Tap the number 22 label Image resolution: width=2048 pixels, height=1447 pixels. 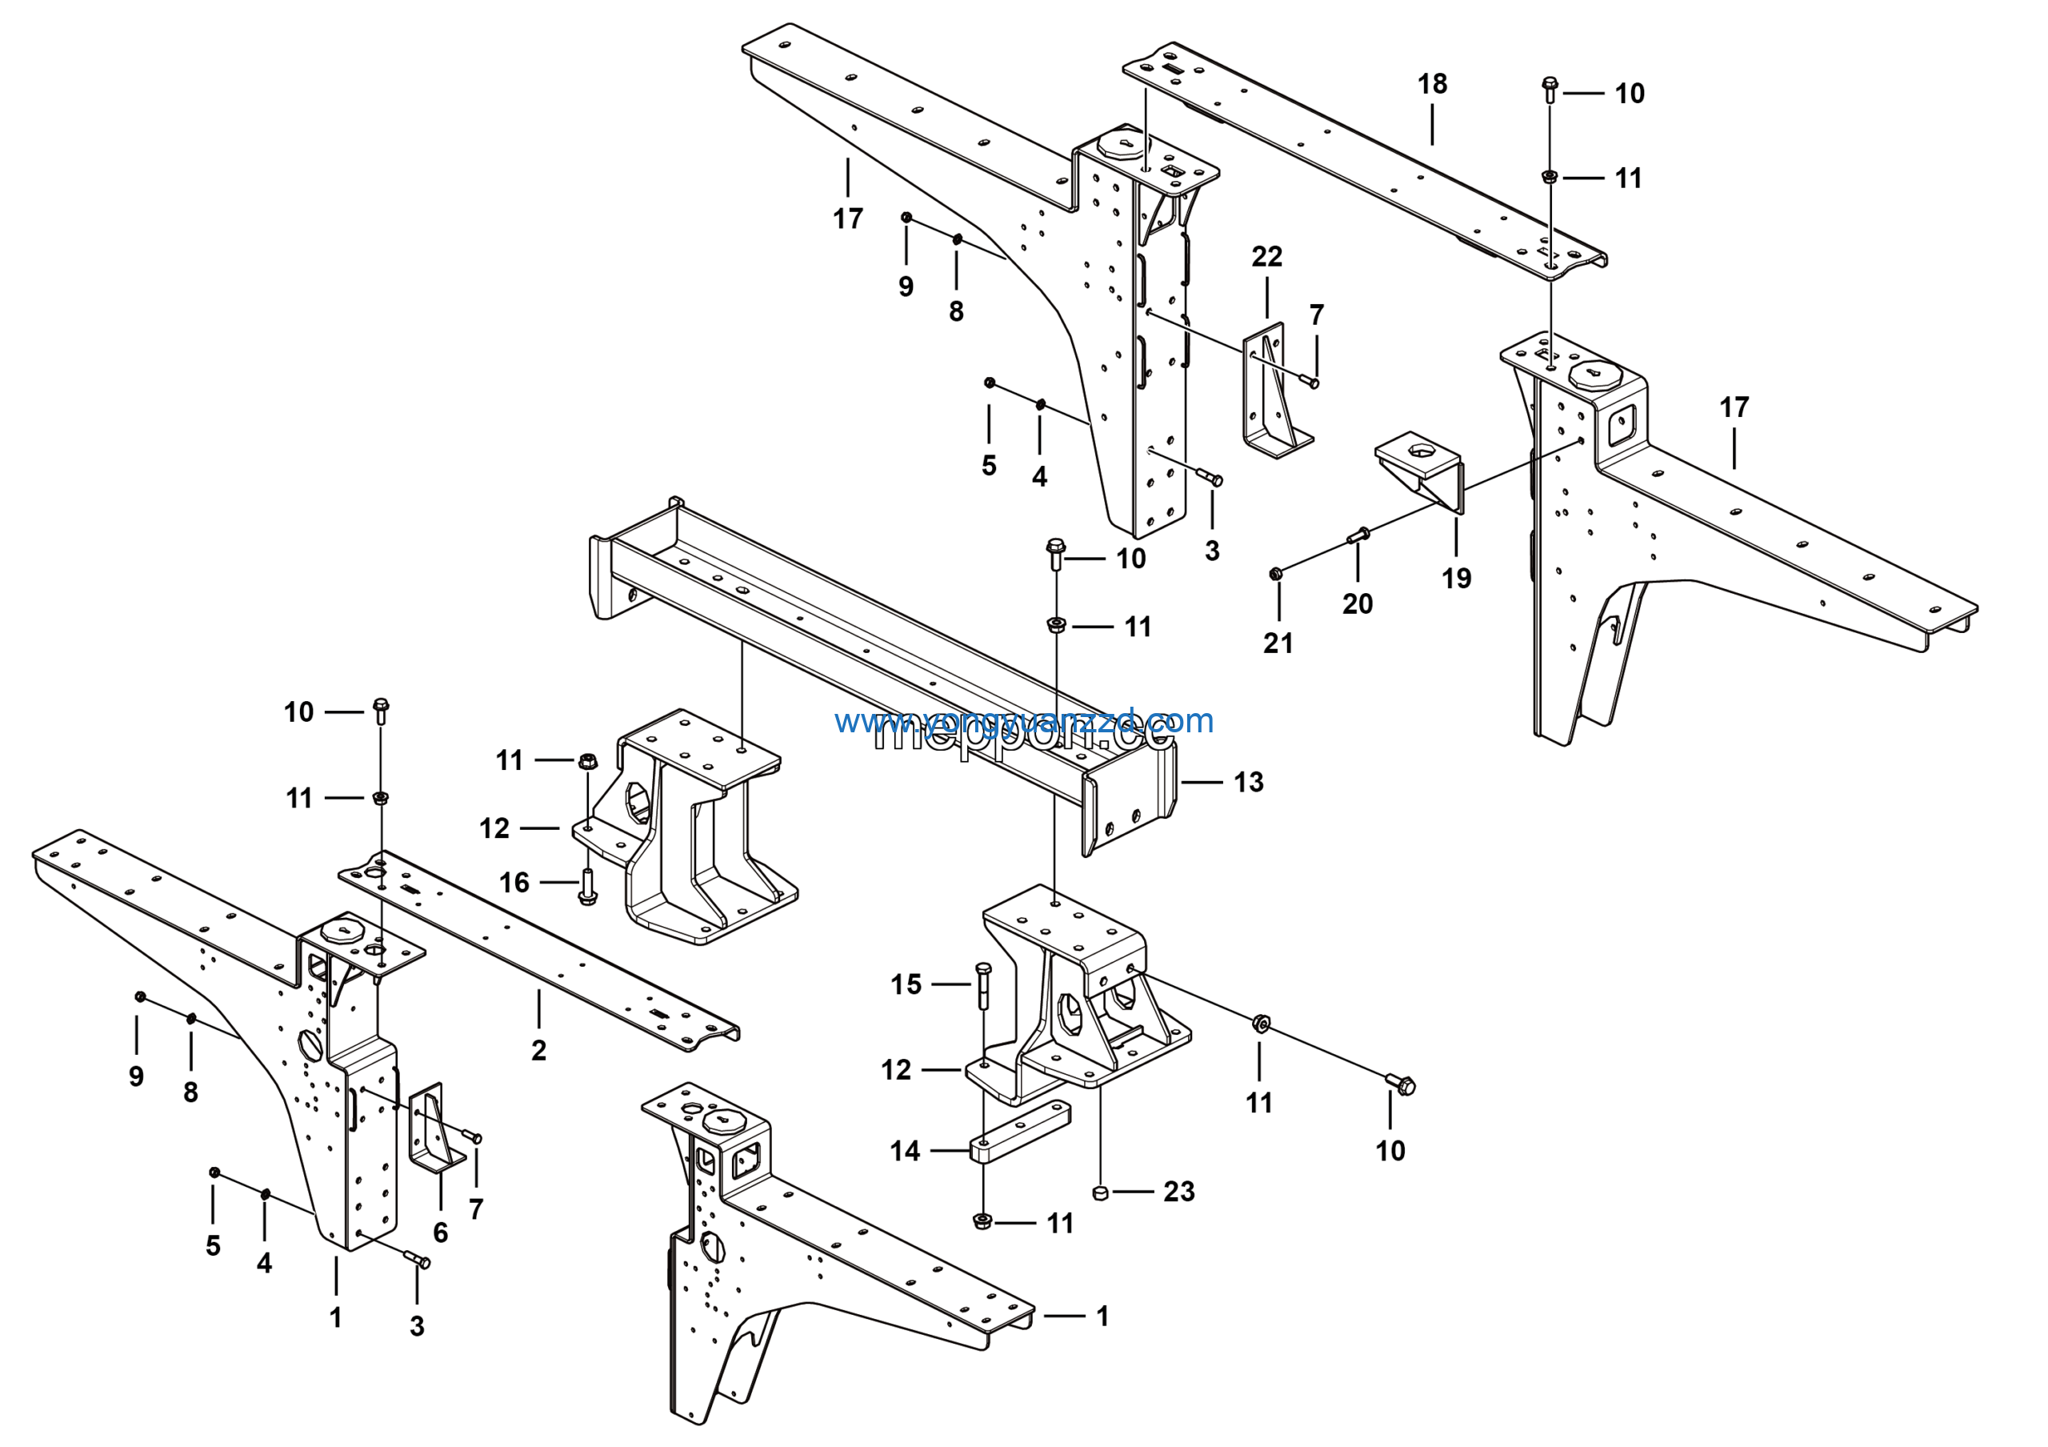tap(1266, 257)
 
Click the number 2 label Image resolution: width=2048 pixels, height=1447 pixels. tap(538, 1050)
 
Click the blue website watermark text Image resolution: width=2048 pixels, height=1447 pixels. tap(1024, 721)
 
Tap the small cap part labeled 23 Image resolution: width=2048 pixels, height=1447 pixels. tap(1100, 1192)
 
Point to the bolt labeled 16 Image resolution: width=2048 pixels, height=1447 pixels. tap(587, 887)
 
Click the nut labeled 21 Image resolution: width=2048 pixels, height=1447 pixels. tap(1275, 573)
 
